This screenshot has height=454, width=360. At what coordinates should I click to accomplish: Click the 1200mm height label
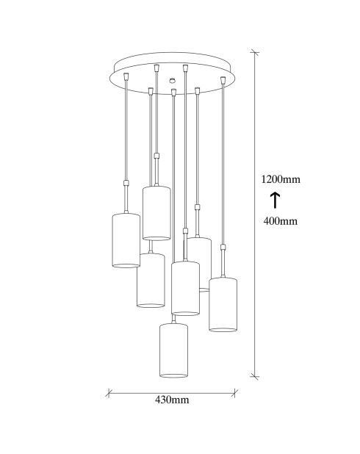281,179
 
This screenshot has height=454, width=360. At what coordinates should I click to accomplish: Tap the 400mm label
281,221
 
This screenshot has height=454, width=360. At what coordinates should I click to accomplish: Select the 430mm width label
172,400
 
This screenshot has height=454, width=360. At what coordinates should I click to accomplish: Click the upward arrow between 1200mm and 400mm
275,201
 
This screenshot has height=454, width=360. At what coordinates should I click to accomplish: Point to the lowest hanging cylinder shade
173,350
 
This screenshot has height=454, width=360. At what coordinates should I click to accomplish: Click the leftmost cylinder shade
126,240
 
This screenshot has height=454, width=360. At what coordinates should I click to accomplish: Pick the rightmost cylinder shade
223,304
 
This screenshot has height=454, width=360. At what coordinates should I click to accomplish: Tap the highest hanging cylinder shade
156,213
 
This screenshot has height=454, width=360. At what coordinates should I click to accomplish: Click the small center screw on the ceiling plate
173,80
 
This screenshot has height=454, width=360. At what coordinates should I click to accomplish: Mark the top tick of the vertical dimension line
255,53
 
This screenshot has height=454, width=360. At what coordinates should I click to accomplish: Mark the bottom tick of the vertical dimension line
255,376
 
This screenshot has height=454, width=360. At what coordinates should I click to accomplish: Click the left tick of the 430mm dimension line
109,393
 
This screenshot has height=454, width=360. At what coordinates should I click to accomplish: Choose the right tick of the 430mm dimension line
234,393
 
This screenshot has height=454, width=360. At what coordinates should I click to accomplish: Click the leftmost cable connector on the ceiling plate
126,76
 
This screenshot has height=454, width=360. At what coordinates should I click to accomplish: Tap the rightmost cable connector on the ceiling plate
223,79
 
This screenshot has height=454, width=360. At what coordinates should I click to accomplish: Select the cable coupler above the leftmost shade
126,183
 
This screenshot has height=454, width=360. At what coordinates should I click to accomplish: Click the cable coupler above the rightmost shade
223,248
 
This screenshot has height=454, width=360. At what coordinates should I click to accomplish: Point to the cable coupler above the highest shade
156,156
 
